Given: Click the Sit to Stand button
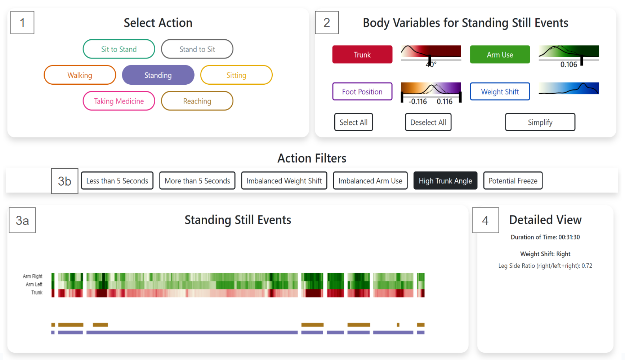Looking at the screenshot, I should pos(119,49).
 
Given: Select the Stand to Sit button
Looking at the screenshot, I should pos(197,49).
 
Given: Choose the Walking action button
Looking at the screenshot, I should pos(80,75).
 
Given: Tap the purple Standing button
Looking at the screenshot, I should pos(158,75).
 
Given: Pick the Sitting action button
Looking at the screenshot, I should pos(236,75).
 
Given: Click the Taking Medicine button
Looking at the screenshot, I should pos(119,101).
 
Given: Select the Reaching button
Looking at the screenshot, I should pos(197,101).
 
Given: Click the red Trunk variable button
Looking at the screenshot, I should pos(362,54).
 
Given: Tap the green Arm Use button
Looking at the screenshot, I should pos(500,54).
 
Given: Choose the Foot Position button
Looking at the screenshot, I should pos(362,92).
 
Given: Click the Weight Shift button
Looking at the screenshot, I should pos(500,92).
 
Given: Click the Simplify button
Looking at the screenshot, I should pos(540,122).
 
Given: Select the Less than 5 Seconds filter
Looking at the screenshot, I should pos(117,181).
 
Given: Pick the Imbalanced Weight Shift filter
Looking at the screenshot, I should pos(284,181).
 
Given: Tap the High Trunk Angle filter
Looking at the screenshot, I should pos(445,181).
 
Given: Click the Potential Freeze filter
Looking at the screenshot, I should pos(513,181).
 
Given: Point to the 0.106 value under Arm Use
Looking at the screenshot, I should pos(568,65).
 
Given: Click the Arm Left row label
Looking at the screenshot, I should pos(34,284).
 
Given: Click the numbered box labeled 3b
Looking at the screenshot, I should pos(64,181).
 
